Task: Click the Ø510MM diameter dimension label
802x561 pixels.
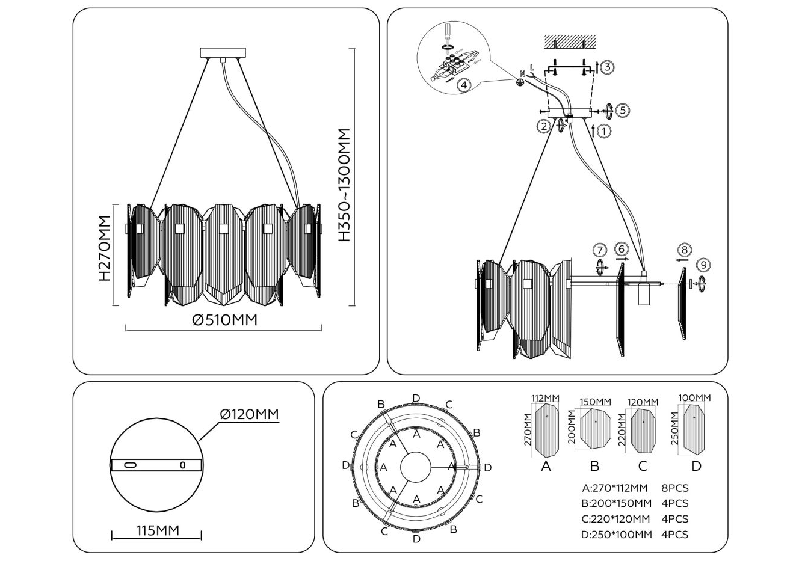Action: [224, 320]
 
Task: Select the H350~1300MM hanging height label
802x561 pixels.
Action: [344, 185]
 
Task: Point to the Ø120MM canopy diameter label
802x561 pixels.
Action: [249, 414]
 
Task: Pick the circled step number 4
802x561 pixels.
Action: [463, 85]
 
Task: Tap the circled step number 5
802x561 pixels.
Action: [623, 110]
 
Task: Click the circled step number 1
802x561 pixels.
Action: [604, 130]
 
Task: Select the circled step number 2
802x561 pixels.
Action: [544, 126]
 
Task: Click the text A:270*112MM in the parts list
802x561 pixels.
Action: [615, 488]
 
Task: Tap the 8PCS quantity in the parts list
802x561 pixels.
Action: [675, 488]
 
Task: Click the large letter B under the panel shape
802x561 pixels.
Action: [594, 466]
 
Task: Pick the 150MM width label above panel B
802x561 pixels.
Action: [595, 402]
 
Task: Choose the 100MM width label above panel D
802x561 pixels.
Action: [694, 397]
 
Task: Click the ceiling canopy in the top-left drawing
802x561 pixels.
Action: [222, 52]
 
